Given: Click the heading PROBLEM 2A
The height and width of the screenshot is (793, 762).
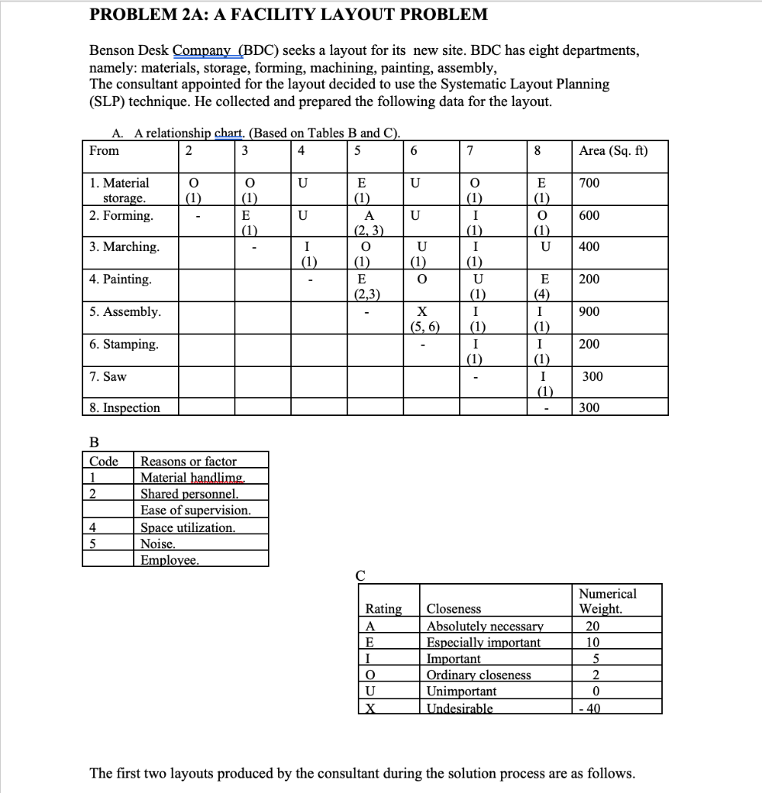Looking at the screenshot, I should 289,14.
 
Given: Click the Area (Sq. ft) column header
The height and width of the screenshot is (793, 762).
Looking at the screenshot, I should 613,151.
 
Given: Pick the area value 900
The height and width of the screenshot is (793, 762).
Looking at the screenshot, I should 589,311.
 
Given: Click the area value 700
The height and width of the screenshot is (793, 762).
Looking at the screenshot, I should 589,184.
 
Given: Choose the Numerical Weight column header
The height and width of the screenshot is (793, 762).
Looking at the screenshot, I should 608,601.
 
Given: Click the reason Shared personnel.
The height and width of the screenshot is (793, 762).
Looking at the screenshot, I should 189,493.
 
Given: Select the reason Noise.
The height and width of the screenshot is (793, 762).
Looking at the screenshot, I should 157,544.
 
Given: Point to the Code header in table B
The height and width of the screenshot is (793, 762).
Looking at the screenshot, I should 104,461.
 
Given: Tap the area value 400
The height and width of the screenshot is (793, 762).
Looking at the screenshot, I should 589,247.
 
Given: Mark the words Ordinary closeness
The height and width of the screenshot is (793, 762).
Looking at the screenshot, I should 479,675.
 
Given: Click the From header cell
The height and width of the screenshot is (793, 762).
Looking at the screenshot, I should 105,151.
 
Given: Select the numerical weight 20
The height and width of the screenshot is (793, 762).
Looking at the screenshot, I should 596,626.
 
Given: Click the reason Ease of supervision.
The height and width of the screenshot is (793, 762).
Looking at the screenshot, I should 195,510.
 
